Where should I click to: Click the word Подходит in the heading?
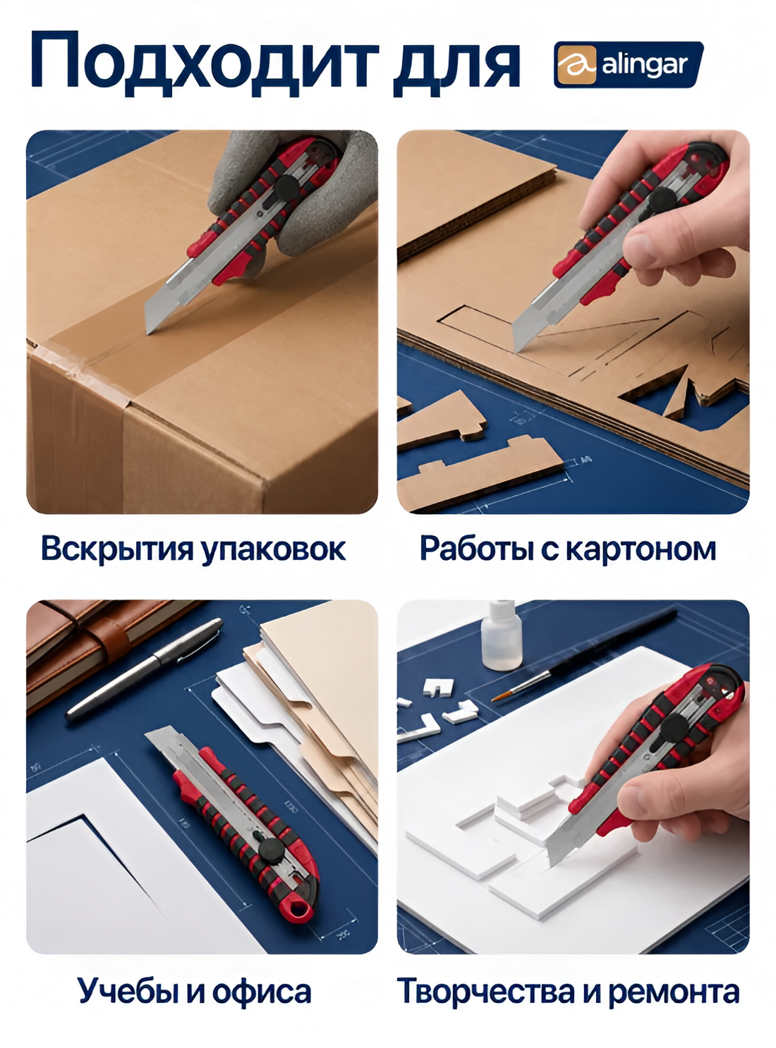coord(205,63)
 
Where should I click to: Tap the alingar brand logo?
coord(629,65)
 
